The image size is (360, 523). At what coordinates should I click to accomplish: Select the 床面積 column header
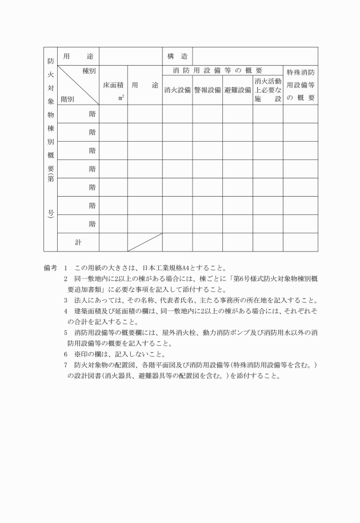coord(113,85)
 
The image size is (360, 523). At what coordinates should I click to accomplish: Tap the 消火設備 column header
coord(177,90)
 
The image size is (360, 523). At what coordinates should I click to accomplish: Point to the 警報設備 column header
coord(207,90)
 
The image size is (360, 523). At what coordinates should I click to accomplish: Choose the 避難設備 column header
coord(238,90)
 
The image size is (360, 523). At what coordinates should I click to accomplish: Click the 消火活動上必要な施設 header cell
coord(268,90)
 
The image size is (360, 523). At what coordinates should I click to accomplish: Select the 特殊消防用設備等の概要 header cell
coord(300,85)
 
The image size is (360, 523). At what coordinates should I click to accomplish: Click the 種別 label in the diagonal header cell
coord(88,71)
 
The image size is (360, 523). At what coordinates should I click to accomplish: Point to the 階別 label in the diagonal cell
coord(67,98)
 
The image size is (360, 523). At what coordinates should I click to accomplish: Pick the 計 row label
coord(78,242)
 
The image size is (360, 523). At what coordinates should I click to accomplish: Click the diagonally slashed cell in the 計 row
coord(145,242)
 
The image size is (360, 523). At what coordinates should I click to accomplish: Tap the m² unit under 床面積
coord(121,98)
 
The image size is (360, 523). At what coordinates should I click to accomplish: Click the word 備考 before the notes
coord(50,268)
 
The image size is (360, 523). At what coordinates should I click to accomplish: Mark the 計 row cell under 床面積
coord(113,242)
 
